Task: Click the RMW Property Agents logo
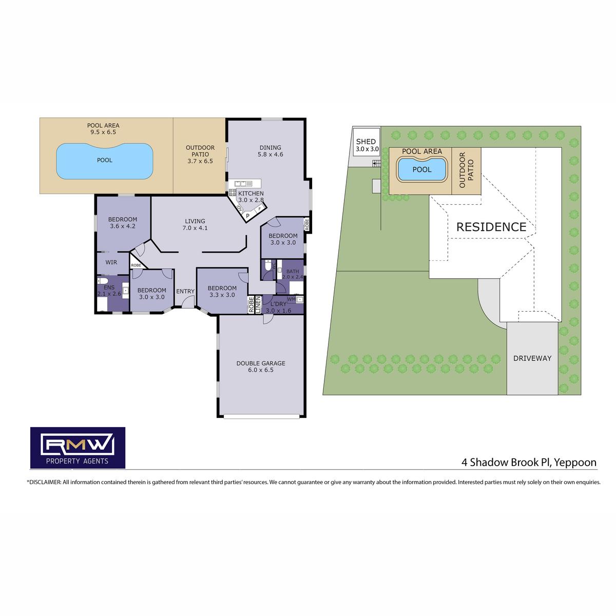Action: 78,448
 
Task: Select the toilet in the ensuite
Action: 103,281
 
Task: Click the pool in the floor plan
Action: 105,161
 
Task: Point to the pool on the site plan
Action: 421,169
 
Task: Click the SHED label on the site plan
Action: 366,141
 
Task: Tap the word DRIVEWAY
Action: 532,358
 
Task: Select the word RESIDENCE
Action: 491,227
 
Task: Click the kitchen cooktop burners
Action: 233,192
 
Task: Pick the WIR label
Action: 111,262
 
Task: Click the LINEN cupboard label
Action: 258,304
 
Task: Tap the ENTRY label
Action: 185,291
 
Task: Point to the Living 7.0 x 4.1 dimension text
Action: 195,228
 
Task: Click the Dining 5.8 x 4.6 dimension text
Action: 271,154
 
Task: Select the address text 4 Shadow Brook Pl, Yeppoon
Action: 529,463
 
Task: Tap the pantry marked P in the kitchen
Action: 247,216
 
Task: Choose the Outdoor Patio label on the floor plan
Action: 200,154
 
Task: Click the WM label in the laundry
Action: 291,299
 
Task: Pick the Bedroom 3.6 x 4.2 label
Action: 123,222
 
